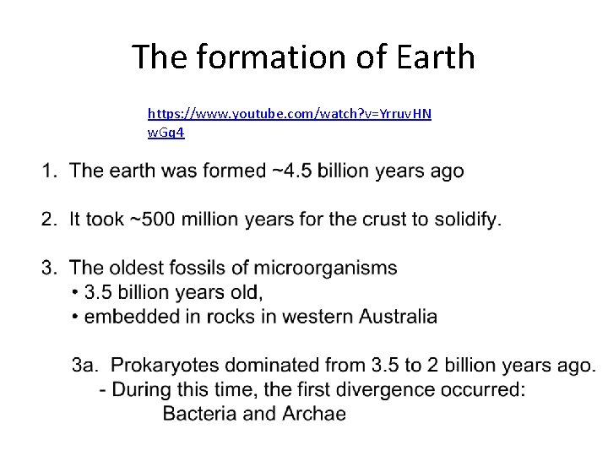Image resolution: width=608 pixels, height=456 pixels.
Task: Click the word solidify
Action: [x=466, y=220]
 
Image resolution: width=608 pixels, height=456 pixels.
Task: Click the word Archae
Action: [x=314, y=414]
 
